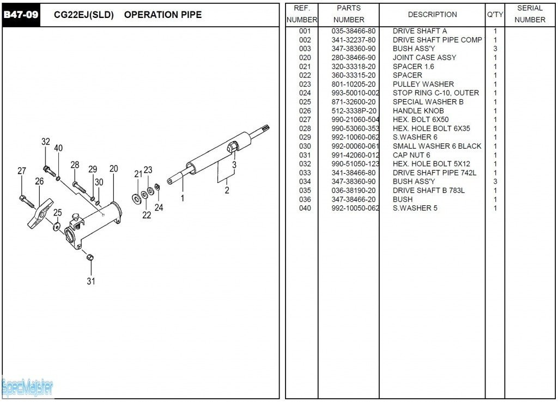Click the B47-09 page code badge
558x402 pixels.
tap(21, 15)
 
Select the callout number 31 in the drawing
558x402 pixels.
tap(91, 281)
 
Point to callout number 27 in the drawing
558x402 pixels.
tap(22, 170)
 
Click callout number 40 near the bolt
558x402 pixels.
tap(58, 148)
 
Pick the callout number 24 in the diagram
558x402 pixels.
tap(159, 207)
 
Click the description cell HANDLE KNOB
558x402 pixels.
tap(418, 111)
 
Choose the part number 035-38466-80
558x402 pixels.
tap(353, 31)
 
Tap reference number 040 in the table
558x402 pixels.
tap(305, 208)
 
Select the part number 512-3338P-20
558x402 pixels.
tap(353, 111)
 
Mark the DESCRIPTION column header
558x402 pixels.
tap(432, 15)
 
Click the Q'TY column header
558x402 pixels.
tap(495, 15)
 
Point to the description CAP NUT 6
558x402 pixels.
tap(411, 155)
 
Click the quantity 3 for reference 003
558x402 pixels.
tap(495, 48)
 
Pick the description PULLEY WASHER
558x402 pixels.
tap(423, 84)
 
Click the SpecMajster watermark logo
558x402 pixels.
tap(27, 387)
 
